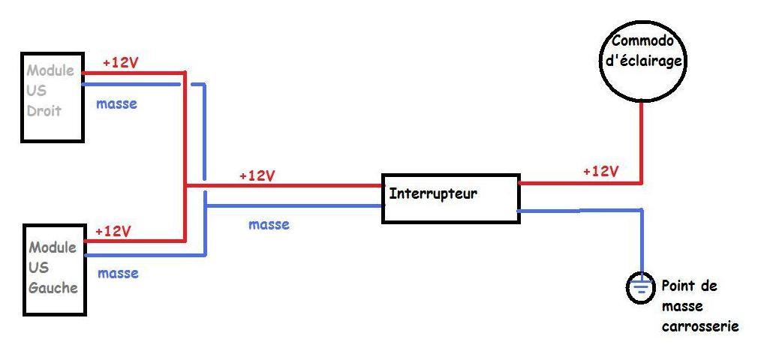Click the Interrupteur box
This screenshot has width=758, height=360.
[x=450, y=173]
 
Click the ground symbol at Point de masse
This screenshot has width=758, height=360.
[x=642, y=289]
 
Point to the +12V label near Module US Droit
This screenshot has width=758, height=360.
[x=120, y=63]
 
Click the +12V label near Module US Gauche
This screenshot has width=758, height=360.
[x=113, y=232]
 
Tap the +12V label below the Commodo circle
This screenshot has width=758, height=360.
[x=601, y=172]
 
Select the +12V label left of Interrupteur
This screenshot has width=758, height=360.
[x=257, y=176]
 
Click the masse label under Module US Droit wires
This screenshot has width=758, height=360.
[x=116, y=103]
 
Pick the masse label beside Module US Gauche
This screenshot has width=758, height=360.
[x=118, y=273]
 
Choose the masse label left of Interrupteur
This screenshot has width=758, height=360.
[x=269, y=224]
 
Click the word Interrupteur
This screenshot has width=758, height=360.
[x=433, y=194]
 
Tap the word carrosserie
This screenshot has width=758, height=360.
[x=700, y=327]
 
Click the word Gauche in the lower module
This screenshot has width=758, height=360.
[x=53, y=288]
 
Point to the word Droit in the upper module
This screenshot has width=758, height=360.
[x=44, y=111]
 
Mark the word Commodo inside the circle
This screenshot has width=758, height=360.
[x=642, y=41]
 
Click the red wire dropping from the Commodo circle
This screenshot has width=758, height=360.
[x=642, y=143]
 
